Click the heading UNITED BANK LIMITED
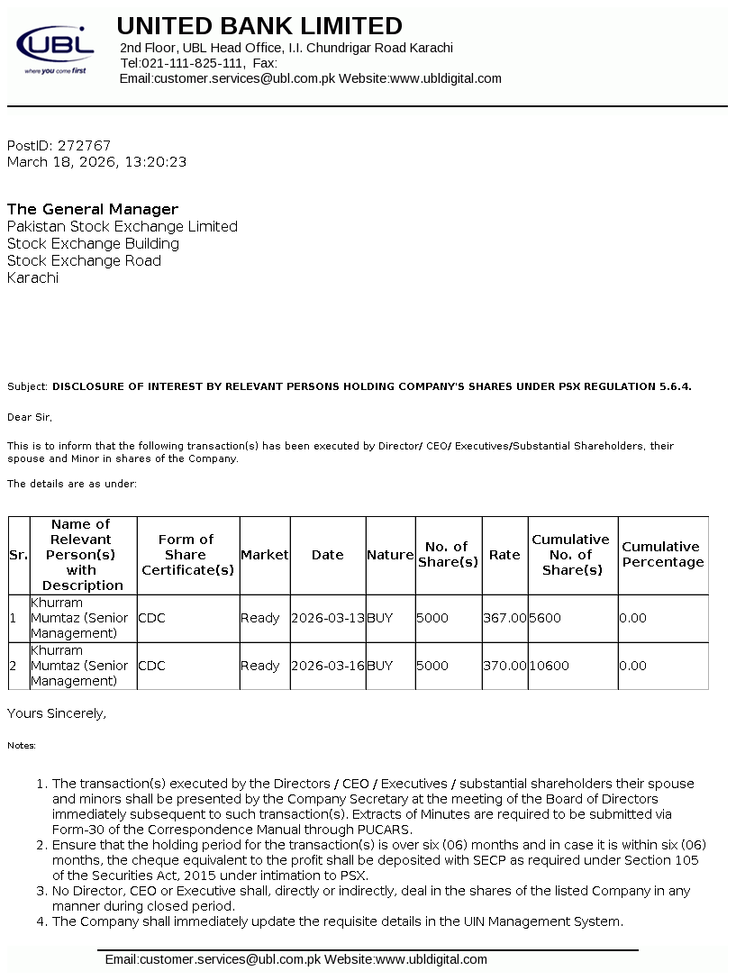click(259, 25)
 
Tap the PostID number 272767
click(84, 145)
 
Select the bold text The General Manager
click(93, 210)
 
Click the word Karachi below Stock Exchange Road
click(32, 278)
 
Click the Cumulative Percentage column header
click(662, 555)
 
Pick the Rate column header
click(504, 555)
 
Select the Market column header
click(265, 555)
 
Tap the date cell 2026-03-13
click(328, 618)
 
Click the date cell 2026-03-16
click(328, 666)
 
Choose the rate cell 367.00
click(504, 618)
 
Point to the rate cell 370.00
click(504, 666)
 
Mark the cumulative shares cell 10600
click(549, 666)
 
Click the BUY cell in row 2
click(380, 666)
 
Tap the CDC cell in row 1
click(151, 618)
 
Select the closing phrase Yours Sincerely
click(57, 713)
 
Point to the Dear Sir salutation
click(30, 417)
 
